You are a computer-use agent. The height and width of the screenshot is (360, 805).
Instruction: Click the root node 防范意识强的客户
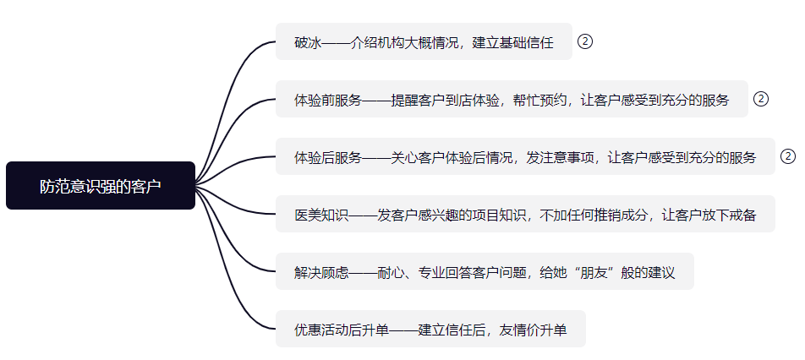click(x=100, y=185)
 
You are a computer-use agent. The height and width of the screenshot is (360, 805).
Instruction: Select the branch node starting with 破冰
click(x=424, y=42)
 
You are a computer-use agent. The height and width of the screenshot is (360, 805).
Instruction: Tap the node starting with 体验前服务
click(x=512, y=99)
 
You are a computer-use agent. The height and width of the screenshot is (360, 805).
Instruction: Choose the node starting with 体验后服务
click(x=524, y=156)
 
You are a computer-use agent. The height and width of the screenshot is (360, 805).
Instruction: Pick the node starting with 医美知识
click(x=524, y=214)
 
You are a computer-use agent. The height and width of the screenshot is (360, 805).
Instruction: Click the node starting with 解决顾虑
click(x=484, y=271)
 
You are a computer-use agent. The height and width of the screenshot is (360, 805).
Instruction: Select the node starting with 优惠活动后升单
click(x=430, y=329)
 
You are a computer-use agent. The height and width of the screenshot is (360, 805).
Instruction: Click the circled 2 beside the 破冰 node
click(x=584, y=41)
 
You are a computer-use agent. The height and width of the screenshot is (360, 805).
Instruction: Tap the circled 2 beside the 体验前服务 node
click(x=760, y=99)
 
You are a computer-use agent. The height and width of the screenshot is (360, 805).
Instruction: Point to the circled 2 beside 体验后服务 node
click(x=788, y=156)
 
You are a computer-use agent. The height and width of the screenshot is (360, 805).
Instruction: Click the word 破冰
click(x=308, y=42)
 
